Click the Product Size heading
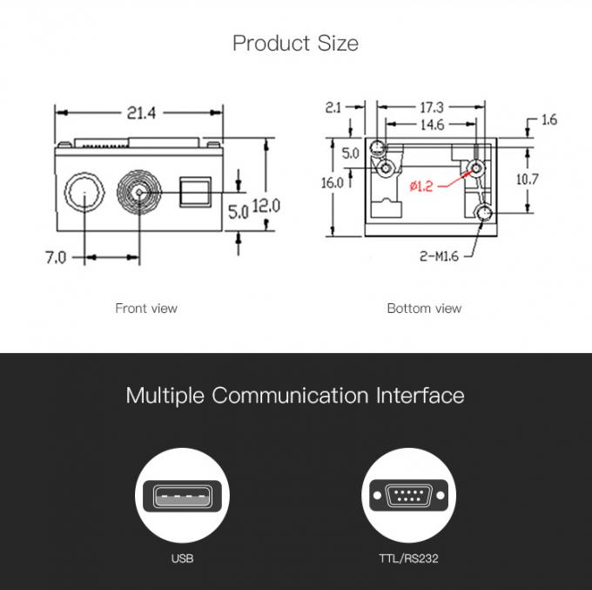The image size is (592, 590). pos(295,43)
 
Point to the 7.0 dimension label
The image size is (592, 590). pos(56,257)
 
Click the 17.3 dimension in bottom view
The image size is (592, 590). pos(432,107)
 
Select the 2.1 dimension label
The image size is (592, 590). pos(333,107)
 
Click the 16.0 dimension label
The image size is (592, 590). pos(332,183)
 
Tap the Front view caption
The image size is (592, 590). pos(146,308)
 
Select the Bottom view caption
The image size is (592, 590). pos(424,308)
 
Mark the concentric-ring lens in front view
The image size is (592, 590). pos(138,192)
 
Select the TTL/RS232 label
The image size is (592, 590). pos(408,558)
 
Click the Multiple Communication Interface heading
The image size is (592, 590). pos(295,395)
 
